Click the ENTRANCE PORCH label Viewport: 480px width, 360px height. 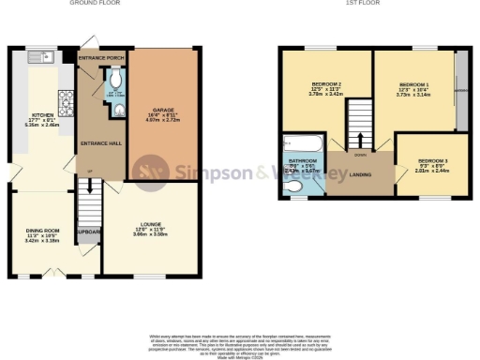click(101, 58)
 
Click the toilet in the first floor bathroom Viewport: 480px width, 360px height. click(294, 187)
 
